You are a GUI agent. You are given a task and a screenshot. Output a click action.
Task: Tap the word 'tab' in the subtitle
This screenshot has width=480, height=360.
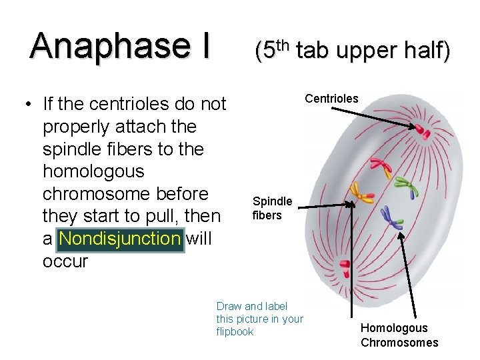click(316, 51)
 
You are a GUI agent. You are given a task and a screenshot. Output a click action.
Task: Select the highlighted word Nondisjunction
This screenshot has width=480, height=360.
click(120, 238)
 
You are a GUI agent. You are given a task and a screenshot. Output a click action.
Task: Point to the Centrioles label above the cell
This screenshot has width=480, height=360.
click(331, 99)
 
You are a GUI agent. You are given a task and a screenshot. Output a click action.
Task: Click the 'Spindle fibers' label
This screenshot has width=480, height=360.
click(272, 208)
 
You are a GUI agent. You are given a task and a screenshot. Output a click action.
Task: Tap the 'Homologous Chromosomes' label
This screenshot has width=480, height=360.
click(399, 335)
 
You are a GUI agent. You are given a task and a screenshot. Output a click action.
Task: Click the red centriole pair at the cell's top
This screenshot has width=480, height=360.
click(422, 130)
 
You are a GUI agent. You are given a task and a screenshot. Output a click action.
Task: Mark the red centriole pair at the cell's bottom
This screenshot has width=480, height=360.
click(345, 269)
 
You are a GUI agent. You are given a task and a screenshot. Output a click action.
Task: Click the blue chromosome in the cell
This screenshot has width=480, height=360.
click(391, 216)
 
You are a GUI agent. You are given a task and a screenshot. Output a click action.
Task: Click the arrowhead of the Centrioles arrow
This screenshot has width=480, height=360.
click(413, 125)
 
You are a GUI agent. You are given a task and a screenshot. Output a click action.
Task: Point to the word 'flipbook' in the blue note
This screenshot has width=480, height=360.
click(235, 331)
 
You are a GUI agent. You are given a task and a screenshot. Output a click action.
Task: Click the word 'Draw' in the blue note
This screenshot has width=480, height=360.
click(229, 306)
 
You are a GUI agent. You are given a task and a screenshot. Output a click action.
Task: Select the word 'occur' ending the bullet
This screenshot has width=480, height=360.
click(65, 261)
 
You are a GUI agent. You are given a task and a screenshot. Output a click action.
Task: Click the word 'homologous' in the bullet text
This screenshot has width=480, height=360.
click(93, 171)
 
